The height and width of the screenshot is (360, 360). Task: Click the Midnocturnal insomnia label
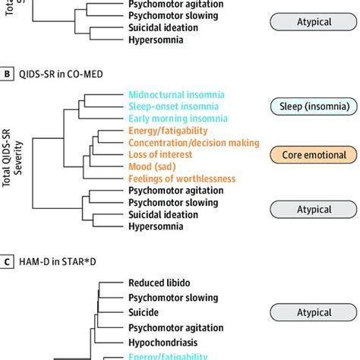175,94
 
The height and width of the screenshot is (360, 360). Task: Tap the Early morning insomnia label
175,119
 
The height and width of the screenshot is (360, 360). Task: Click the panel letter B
8,73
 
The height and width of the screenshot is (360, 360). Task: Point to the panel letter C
8,262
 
